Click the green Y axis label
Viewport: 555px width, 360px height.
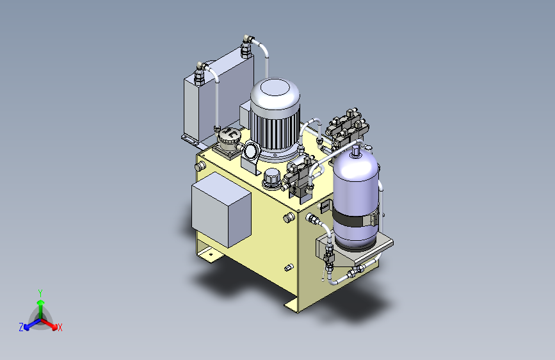(40, 293)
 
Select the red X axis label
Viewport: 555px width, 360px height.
(60, 327)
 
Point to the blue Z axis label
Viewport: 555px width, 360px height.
(21, 327)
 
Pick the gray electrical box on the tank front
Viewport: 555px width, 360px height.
(221, 209)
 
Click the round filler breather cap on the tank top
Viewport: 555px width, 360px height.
(272, 178)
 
